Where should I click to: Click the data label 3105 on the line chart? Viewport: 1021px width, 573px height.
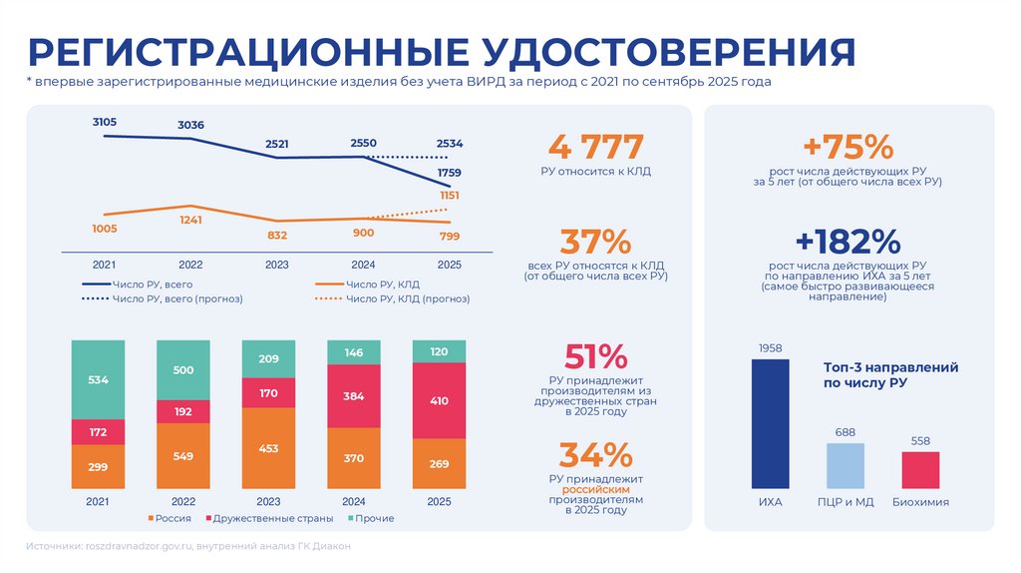click(105, 122)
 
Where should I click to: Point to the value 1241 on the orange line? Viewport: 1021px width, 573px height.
click(190, 220)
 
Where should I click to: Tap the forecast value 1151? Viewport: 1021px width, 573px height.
click(450, 196)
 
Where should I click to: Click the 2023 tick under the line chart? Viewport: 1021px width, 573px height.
click(277, 265)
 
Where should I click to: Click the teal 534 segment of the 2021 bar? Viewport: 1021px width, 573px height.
click(98, 379)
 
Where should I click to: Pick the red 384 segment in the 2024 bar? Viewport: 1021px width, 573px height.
click(354, 396)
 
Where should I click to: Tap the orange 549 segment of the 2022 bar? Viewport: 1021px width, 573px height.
click(183, 456)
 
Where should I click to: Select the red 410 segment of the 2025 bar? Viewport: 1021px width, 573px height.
click(439, 400)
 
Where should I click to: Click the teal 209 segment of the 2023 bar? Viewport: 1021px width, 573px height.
click(268, 358)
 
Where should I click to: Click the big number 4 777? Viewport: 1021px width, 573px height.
click(596, 148)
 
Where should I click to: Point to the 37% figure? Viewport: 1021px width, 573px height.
click(596, 242)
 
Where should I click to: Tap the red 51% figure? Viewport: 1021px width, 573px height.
click(595, 356)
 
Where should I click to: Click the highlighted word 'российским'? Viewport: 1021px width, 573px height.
click(595, 489)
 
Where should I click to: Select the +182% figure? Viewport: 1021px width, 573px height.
click(848, 242)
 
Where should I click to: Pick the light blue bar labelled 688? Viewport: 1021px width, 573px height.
click(846, 465)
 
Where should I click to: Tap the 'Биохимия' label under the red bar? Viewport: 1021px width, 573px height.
click(920, 502)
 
